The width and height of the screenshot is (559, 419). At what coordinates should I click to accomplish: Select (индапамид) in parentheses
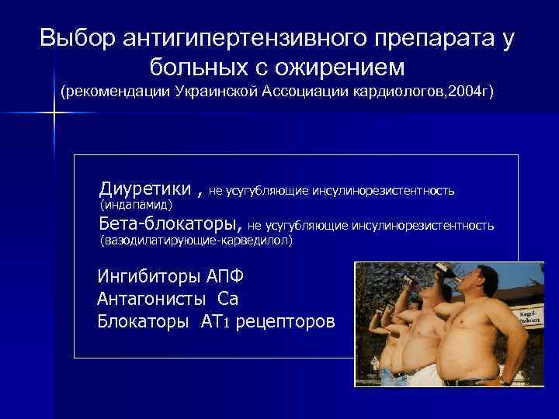[x=137, y=205]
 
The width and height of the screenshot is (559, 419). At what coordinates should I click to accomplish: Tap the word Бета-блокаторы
[x=172, y=224]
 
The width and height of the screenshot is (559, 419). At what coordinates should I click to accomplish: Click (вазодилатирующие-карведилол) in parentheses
[x=196, y=241]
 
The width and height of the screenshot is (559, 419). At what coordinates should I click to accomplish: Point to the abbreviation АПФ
[x=228, y=276]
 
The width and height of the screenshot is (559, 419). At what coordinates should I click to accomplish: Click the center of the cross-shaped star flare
[x=55, y=114]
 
